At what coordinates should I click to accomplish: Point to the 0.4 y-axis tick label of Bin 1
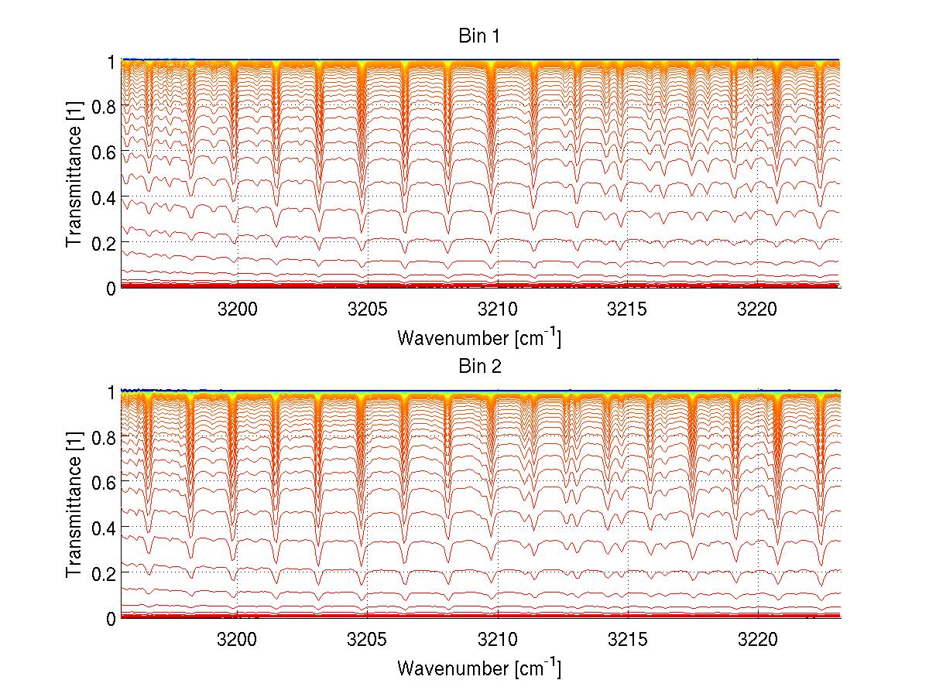tap(105, 198)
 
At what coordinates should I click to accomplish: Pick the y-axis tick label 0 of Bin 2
tap(111, 618)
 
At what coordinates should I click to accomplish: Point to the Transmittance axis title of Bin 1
tap(74, 175)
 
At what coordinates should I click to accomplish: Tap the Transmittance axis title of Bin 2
tap(74, 505)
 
